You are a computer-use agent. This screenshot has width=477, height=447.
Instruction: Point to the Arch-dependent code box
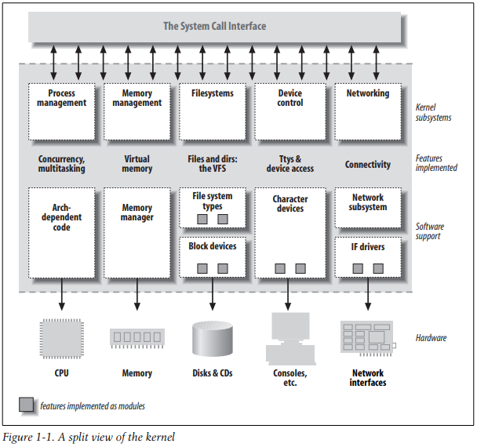coord(61,231)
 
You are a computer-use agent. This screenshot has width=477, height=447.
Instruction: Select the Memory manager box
coord(137,231)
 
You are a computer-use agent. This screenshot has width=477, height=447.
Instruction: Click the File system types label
coord(213,202)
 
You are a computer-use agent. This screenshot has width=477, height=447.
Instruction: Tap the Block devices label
coord(213,246)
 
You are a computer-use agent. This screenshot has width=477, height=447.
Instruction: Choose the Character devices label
coord(289,204)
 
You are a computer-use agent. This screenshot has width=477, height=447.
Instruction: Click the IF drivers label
coord(367,247)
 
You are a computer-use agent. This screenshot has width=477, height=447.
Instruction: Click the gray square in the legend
coord(26,405)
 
